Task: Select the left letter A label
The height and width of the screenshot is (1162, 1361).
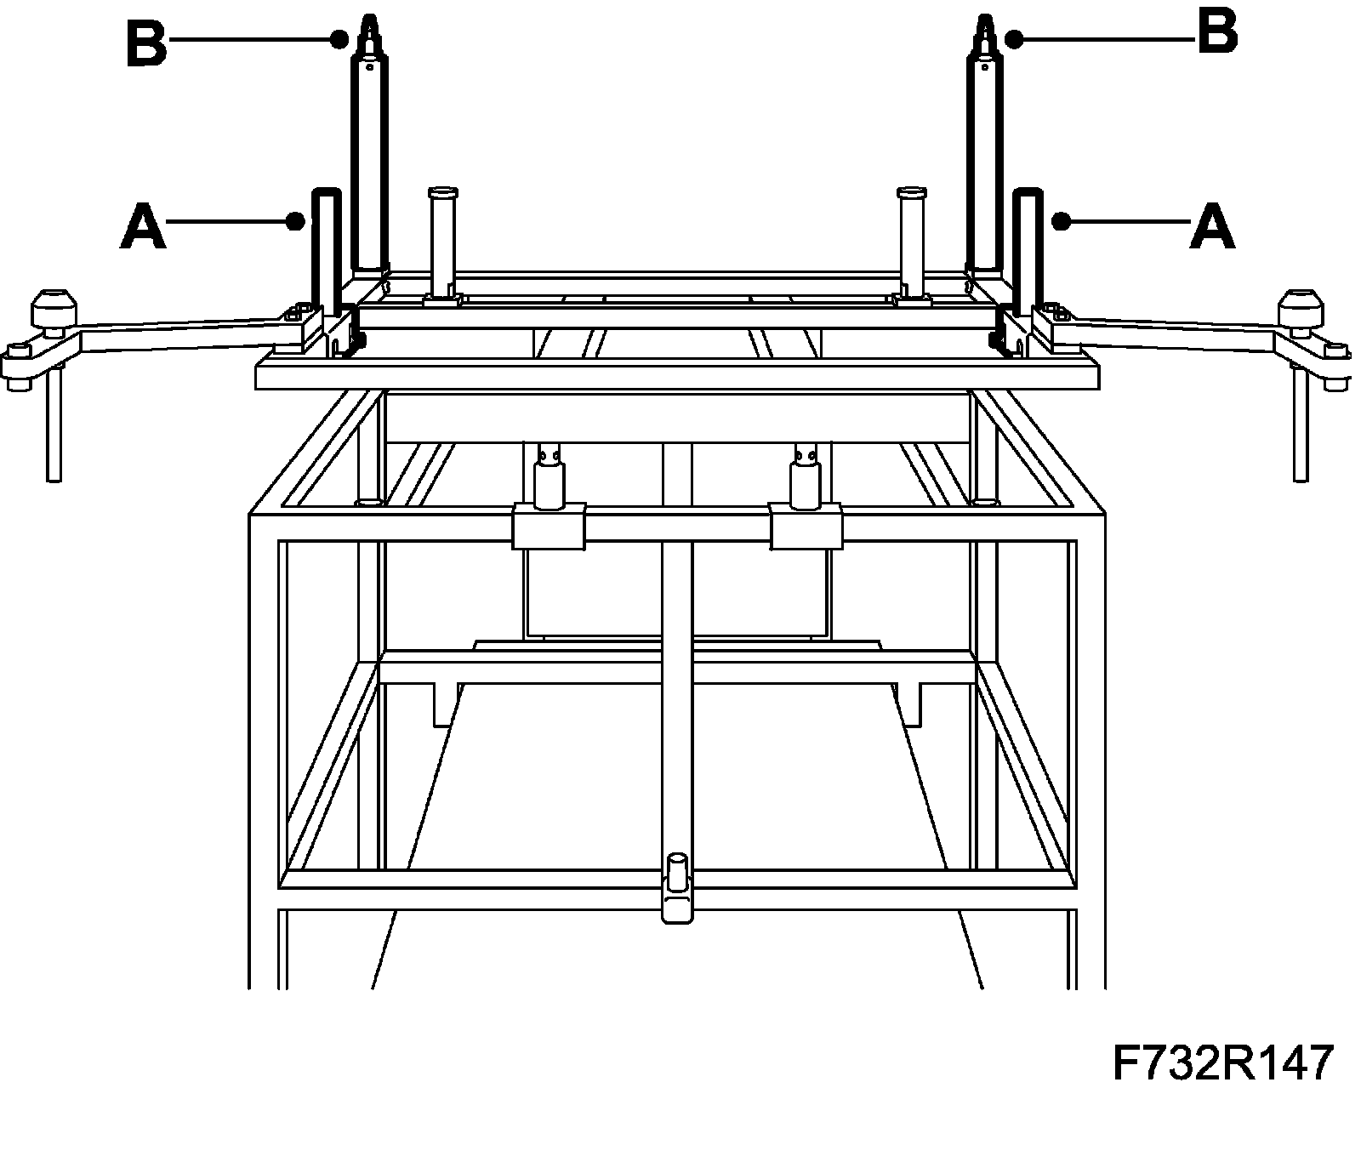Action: [143, 225]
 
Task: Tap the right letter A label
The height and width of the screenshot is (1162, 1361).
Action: [1211, 225]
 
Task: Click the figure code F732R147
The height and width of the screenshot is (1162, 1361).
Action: [1222, 1063]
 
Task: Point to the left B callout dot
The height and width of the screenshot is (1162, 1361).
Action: [339, 39]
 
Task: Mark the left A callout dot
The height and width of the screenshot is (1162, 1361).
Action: [295, 222]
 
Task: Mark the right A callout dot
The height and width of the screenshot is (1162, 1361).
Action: [1060, 222]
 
